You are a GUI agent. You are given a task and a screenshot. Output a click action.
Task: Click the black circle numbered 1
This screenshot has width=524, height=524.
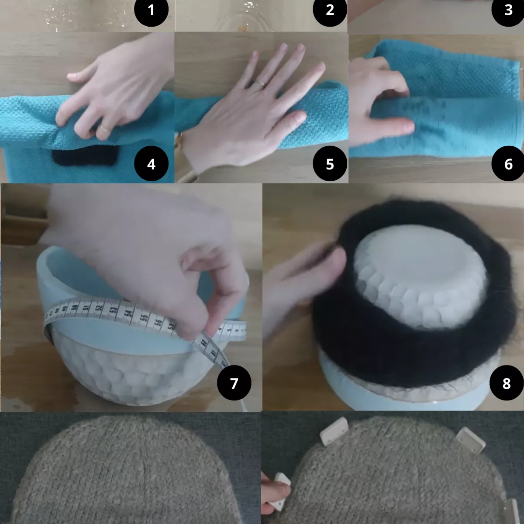pos(151,10)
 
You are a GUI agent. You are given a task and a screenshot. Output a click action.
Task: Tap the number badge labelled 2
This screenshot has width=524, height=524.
pos(330,10)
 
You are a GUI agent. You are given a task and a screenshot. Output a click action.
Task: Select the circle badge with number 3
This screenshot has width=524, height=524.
pos(508,10)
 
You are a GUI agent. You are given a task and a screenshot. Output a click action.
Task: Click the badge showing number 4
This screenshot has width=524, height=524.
pos(151,164)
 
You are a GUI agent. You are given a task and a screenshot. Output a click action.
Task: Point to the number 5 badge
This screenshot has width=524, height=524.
pos(330,164)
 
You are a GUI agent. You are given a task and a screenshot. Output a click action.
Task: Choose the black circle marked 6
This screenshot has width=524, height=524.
pos(508,164)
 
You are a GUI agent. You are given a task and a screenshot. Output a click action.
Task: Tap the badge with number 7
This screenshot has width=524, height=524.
pos(234,383)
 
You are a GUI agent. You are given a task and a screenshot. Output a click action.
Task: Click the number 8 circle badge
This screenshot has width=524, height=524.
pos(507,383)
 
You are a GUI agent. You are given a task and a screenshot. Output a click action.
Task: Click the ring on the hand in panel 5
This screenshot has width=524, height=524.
pos(261,83)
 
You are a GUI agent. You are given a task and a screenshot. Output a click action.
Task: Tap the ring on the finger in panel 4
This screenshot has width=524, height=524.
pos(105,127)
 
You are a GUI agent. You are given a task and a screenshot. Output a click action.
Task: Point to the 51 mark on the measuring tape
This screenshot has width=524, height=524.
pos(86,308)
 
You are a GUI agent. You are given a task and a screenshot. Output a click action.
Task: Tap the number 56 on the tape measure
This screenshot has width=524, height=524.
pos(158,322)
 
